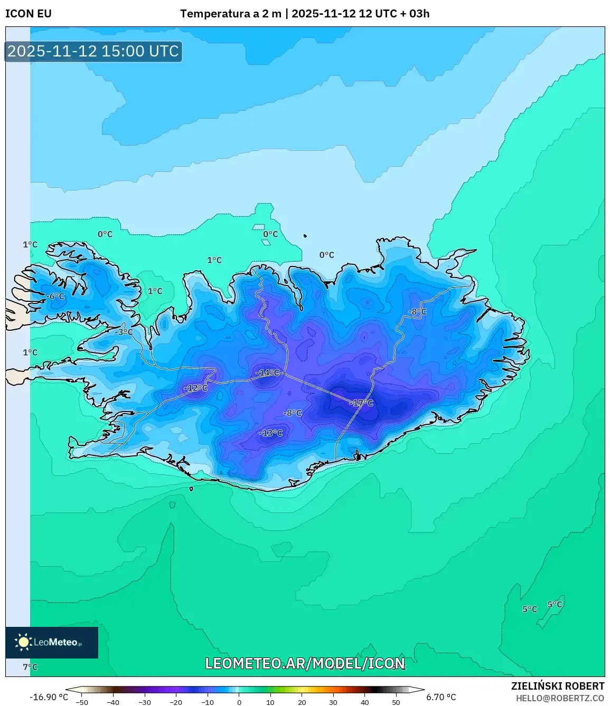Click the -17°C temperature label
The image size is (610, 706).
click(x=362, y=403)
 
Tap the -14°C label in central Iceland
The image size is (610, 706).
click(x=268, y=373)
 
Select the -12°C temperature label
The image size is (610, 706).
click(x=196, y=388)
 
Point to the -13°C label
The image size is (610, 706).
click(x=271, y=433)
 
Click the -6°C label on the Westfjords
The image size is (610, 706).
click(x=55, y=297)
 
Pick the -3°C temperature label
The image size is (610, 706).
click(x=124, y=332)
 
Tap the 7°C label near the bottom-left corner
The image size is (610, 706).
click(x=30, y=667)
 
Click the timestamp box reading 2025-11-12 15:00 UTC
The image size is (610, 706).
click(x=93, y=51)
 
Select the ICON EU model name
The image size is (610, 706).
click(x=29, y=14)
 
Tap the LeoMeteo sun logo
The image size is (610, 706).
click(x=23, y=642)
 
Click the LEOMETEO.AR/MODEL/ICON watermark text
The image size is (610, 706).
click(x=305, y=663)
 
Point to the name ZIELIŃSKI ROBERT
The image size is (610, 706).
click(x=557, y=686)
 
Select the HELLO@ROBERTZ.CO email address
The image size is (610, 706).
click(x=560, y=698)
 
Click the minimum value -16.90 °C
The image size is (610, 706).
click(x=49, y=697)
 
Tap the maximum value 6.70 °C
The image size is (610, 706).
click(x=441, y=697)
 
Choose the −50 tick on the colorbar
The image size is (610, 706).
click(x=81, y=702)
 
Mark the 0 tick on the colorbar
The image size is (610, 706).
click(x=239, y=702)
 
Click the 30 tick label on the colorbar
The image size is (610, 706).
click(x=333, y=702)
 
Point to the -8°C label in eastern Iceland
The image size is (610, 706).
click(x=417, y=312)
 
